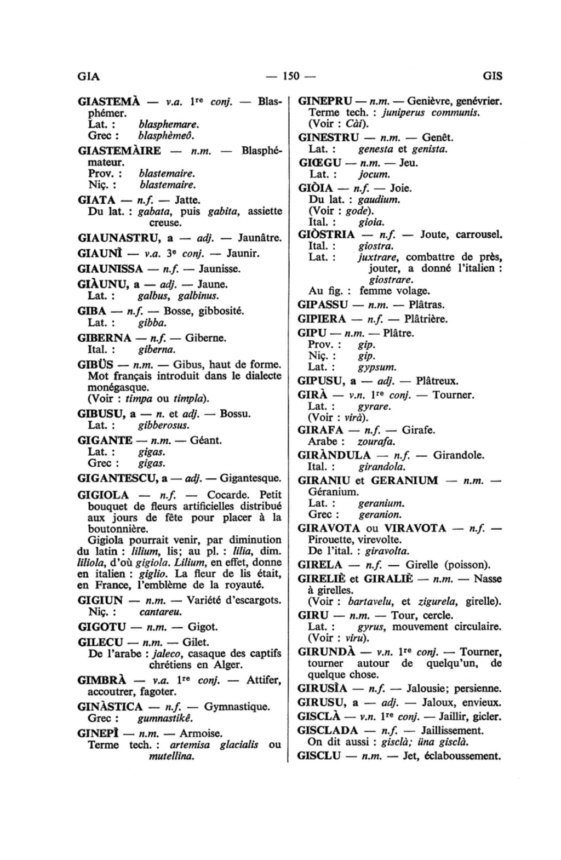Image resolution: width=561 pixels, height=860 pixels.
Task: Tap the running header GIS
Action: point(493,76)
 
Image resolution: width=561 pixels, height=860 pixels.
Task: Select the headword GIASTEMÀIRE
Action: point(120,151)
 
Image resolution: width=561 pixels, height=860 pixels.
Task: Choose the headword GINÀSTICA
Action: point(111,707)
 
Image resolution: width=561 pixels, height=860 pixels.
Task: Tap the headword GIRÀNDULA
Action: point(334,455)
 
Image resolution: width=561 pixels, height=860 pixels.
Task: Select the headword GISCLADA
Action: point(328,730)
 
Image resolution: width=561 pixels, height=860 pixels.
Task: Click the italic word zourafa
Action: point(376,442)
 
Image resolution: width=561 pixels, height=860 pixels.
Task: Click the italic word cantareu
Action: point(161,611)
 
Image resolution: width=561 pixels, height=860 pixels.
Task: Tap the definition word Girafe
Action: point(419,430)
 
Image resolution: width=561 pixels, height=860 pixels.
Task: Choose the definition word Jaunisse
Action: point(220,269)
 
